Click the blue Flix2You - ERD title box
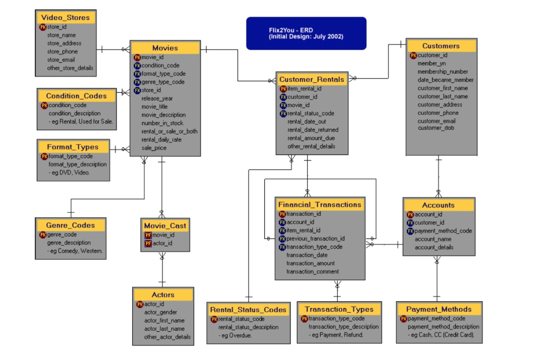pos(306,34)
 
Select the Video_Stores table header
pos(66,17)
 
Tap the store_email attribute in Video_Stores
pos(61,60)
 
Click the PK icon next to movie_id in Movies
pos(137,57)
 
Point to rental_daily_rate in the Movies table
pos(162,140)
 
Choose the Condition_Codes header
pos(76,96)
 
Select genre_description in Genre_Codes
pos(69,243)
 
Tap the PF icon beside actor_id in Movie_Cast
pos(148,243)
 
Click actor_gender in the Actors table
pos(160,312)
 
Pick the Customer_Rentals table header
pos(312,80)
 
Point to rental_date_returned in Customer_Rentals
pos(313,129)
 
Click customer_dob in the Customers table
pos(436,128)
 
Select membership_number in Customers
pos(443,71)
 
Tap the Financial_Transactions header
pos(319,204)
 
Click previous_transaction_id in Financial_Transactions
pos(315,238)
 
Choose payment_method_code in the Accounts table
pos(443,231)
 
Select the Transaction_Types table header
pos(339,309)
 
